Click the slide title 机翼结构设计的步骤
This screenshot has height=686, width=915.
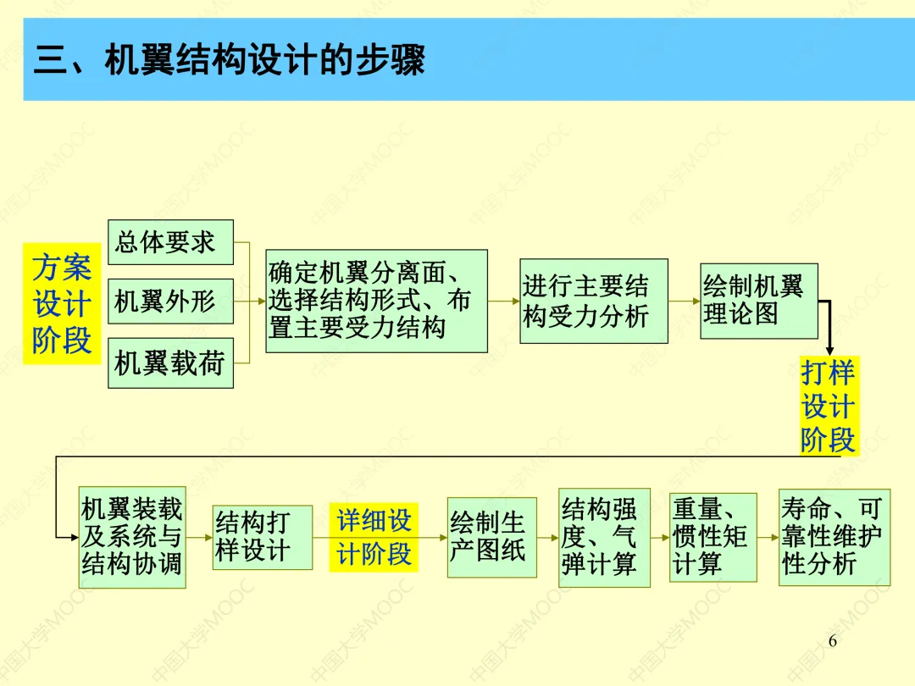(230, 61)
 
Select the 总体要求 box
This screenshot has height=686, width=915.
(170, 242)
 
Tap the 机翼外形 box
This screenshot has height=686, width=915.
(170, 301)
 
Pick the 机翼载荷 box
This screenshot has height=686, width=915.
(170, 362)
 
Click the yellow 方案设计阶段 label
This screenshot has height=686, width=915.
(62, 303)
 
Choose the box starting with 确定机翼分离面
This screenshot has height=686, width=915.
(376, 301)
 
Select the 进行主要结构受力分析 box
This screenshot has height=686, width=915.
(593, 301)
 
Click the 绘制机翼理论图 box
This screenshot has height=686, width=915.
(758, 301)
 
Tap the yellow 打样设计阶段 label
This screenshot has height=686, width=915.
(828, 406)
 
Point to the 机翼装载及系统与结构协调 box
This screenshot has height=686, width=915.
(131, 537)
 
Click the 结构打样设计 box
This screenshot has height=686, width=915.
(262, 537)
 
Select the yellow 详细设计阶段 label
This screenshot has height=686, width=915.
(374, 537)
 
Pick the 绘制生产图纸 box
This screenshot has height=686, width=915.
(491, 537)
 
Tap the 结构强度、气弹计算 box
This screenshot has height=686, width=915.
(604, 537)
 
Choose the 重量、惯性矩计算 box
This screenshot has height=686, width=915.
(713, 537)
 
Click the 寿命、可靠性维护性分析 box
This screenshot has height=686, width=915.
(835, 537)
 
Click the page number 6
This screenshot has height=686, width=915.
(832, 641)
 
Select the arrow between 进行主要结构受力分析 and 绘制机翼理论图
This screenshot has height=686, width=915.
(684, 301)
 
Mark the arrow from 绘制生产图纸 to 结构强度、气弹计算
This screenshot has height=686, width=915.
(547, 537)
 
